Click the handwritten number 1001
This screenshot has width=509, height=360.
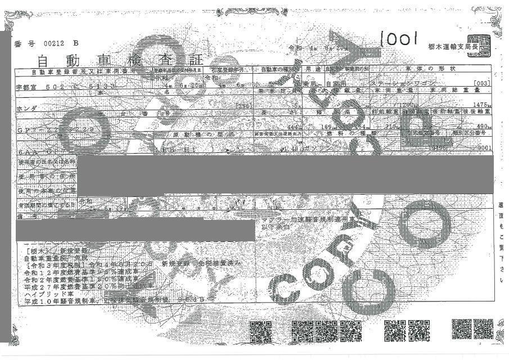tap(398, 39)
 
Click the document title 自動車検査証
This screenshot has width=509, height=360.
tap(112, 60)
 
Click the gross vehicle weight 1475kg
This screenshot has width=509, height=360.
tap(479, 105)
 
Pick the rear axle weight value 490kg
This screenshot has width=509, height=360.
tap(482, 127)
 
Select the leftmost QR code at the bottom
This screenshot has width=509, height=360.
tap(260, 331)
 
